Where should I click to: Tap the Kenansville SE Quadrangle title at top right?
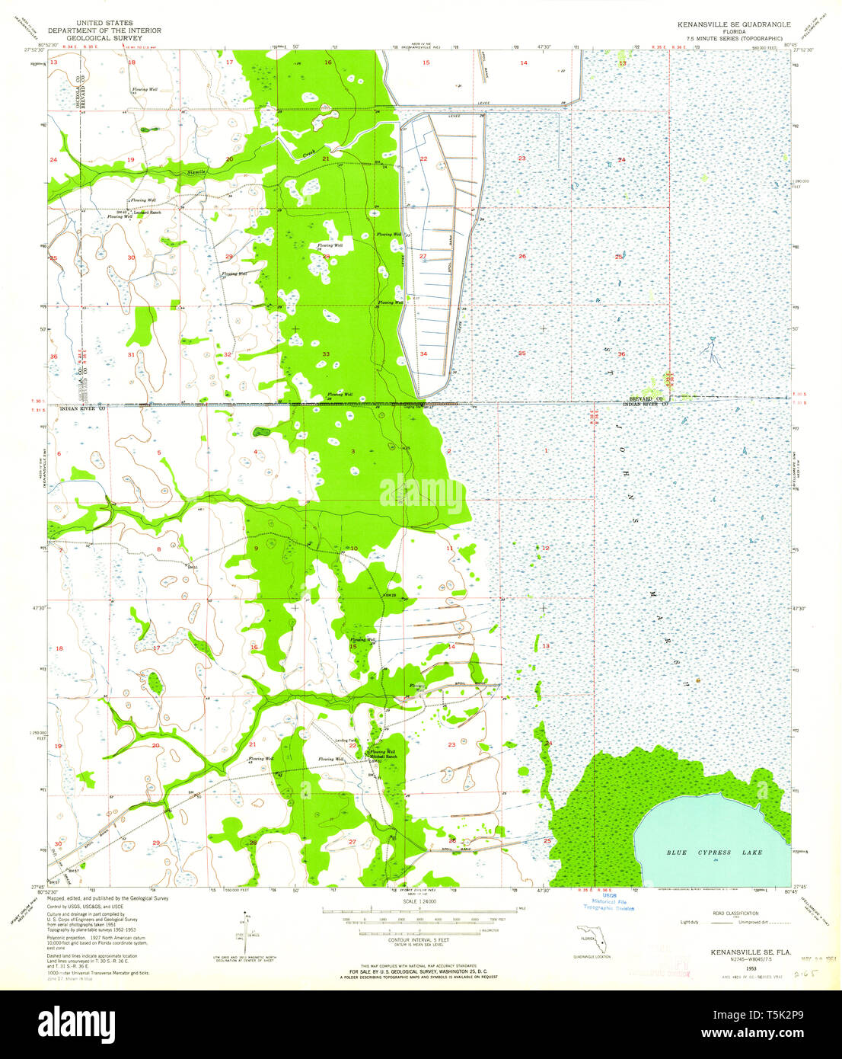point(729,24)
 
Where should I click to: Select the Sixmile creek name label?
point(196,173)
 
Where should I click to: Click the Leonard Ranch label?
point(147,212)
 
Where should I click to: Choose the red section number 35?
point(521,354)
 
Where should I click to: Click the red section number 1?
point(545,451)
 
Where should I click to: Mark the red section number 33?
point(326,354)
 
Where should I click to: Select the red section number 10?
point(354,549)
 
